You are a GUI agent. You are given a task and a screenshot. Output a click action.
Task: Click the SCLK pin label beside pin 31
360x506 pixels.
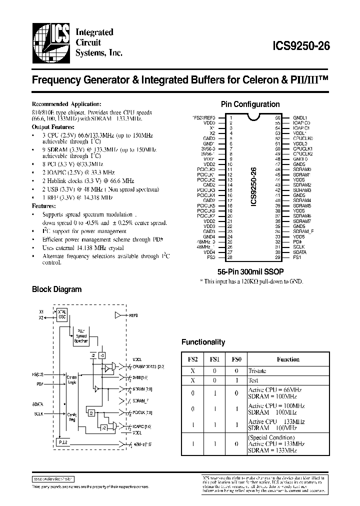coord(298,247)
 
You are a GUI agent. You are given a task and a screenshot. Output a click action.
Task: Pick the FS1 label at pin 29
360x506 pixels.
coord(296,257)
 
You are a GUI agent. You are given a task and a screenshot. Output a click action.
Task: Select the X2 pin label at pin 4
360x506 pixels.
coord(212,133)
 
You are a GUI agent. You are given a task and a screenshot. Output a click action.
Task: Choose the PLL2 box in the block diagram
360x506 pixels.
coord(62,442)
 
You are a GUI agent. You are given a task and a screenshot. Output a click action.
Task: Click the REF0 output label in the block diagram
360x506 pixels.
coord(132,315)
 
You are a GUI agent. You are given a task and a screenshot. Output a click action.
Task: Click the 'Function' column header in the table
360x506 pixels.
coord(288,359)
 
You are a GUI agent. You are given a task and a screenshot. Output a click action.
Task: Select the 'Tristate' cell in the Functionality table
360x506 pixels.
coord(257,371)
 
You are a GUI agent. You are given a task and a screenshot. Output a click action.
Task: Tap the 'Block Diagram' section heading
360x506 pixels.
coord(56,289)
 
